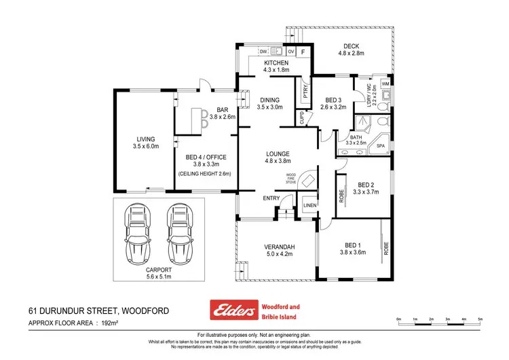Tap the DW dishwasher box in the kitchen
263,51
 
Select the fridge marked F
303,52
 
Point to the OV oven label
290,51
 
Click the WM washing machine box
385,84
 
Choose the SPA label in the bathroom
380,145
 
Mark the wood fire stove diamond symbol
307,180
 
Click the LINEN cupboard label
309,204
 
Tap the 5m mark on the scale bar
480,319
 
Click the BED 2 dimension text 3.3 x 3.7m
366,192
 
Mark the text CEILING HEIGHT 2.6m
205,174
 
